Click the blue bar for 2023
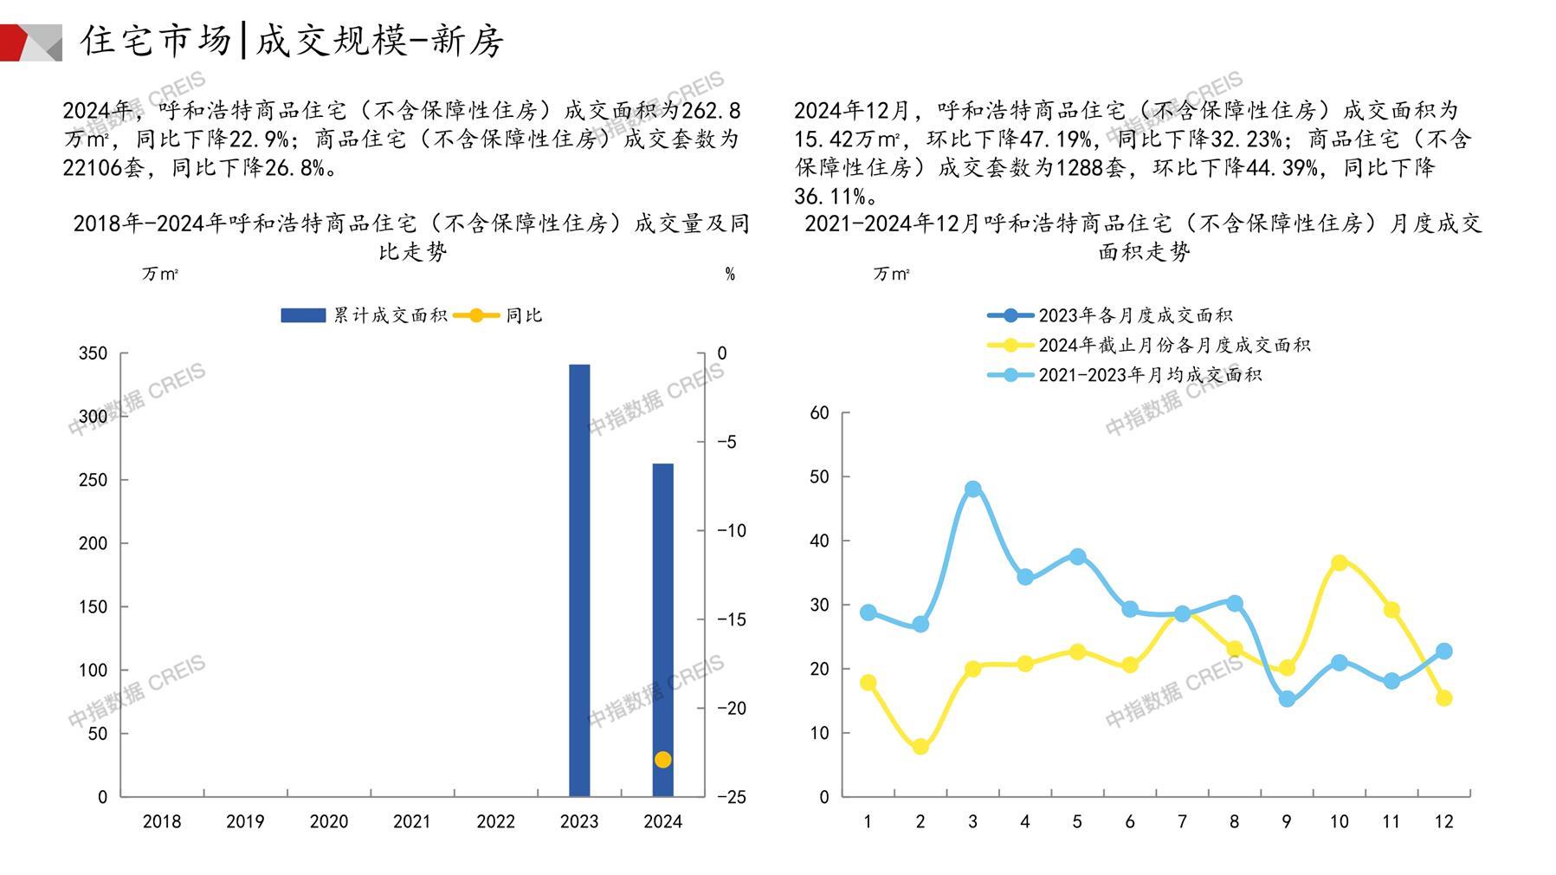click(x=579, y=580)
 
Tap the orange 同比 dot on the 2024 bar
click(x=662, y=760)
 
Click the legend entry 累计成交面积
click(x=364, y=315)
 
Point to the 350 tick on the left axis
click(x=94, y=353)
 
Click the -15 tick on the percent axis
click(x=732, y=619)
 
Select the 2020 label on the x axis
click(x=328, y=821)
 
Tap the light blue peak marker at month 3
click(x=972, y=489)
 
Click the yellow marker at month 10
click(x=1339, y=563)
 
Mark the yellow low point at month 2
click(x=920, y=747)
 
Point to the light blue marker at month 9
click(x=1287, y=698)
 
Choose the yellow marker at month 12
click(x=1443, y=698)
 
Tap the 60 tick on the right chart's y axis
click(x=819, y=413)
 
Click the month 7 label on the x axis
click(x=1182, y=821)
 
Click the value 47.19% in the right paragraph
click(x=1058, y=139)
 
